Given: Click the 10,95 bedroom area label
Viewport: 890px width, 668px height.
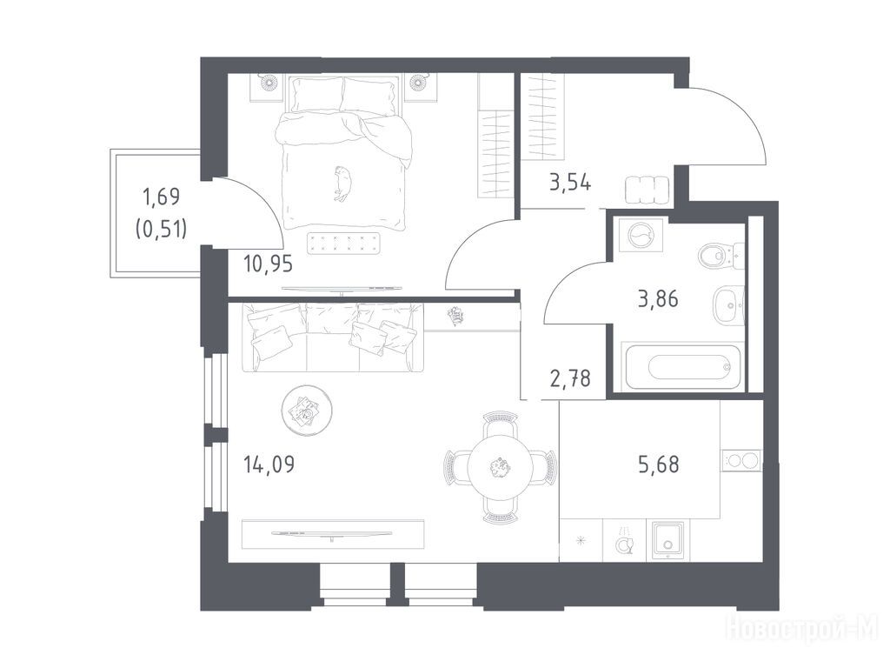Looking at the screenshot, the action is [268, 264].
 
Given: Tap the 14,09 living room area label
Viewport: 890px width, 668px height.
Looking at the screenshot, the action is [269, 464].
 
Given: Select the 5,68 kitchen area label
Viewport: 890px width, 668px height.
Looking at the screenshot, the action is [659, 464].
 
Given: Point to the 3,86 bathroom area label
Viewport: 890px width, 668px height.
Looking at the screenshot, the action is [658, 298].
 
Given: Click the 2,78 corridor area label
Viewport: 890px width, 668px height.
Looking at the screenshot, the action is [570, 377].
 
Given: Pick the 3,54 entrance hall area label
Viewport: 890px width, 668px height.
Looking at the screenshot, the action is [570, 183].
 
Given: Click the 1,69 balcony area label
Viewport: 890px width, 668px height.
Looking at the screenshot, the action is [161, 197].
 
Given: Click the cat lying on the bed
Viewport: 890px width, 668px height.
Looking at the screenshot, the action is [342, 183].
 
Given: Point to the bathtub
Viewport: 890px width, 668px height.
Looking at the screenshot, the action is [681, 366].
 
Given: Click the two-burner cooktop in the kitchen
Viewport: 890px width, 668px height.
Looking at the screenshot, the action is [741, 460].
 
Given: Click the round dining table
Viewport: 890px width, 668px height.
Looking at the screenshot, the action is [501, 467].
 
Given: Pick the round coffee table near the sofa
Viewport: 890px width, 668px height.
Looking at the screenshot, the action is [307, 411].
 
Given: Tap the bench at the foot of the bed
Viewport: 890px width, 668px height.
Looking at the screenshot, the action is [346, 244].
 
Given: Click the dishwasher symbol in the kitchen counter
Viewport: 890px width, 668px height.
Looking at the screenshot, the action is [624, 541].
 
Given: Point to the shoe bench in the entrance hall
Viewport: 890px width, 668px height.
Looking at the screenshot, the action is [647, 190].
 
